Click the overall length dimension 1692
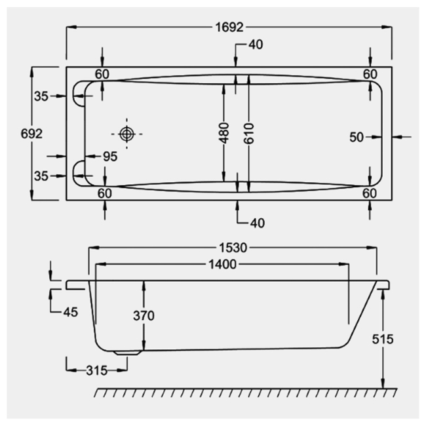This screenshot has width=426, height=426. tap(229, 27)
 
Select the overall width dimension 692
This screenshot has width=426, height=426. tap(31, 134)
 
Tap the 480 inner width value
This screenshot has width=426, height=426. tap(225, 134)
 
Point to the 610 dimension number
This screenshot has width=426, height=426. tap(248, 134)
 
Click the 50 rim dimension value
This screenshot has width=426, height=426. tap(356, 137)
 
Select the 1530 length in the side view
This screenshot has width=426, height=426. tap(233, 248)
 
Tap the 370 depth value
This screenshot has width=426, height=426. tap(142, 316)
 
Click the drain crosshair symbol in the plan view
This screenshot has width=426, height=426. tap(126, 134)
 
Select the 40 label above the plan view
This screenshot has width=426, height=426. tap(256, 45)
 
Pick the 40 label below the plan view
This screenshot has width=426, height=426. tap(257, 223)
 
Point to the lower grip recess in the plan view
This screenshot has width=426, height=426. tap(81, 171)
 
